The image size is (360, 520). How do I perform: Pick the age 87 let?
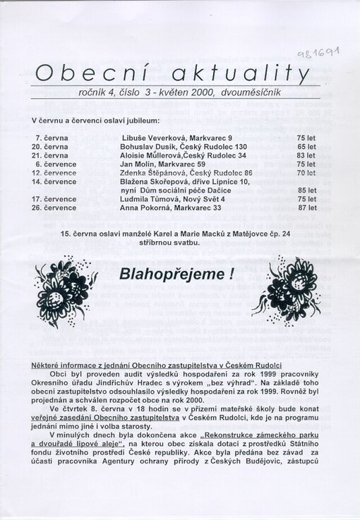(306, 208)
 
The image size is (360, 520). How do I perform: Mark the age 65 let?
(306, 146)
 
